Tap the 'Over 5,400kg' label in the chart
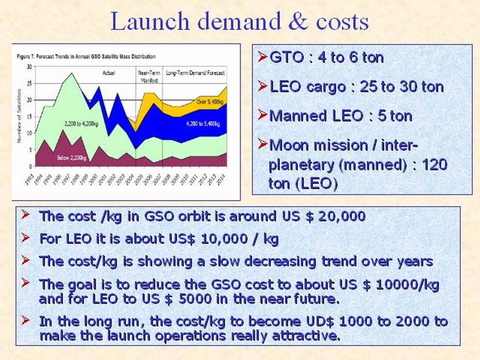(x=209, y=102)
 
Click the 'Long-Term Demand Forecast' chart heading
(x=195, y=73)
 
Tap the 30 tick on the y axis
(x=29, y=66)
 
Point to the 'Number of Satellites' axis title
(x=19, y=116)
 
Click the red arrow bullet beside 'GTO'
(x=262, y=58)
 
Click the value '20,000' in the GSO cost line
(x=342, y=216)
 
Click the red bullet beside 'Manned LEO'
(x=262, y=116)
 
